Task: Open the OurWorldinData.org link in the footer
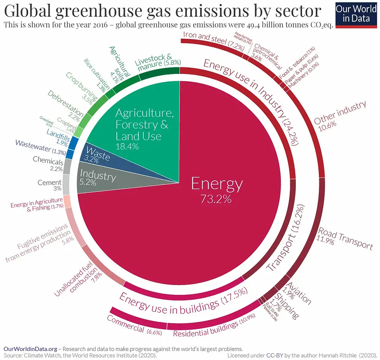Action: [30, 348]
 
